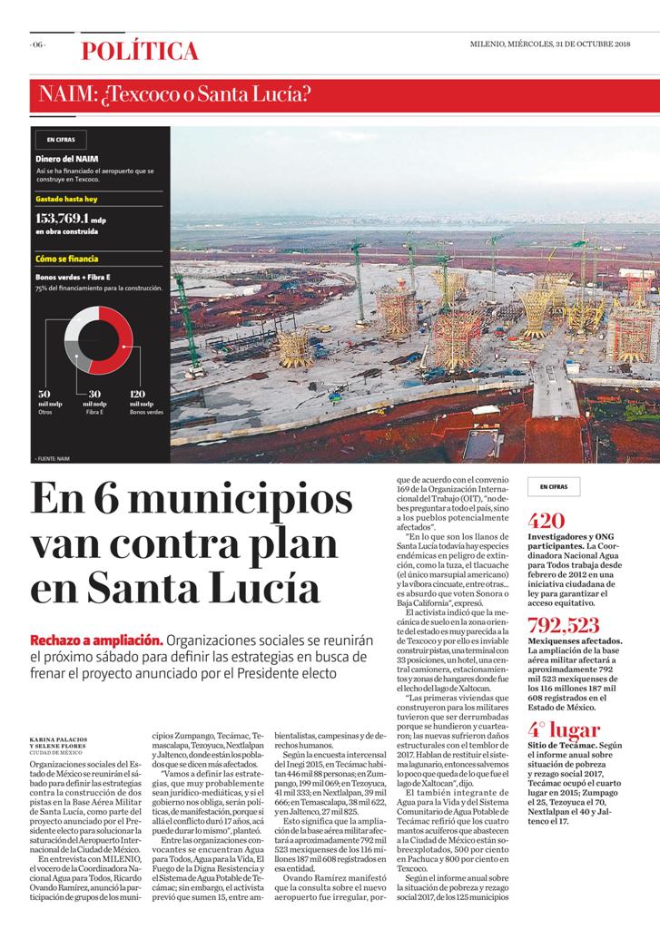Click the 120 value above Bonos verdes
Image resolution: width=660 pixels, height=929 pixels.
coord(138,394)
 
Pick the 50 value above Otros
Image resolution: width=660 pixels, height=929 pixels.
coord(43,394)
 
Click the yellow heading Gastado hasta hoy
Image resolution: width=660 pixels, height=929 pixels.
coord(66,198)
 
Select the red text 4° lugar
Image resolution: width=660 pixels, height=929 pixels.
coord(564,729)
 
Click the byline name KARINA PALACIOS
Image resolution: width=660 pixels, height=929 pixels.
coord(62,738)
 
